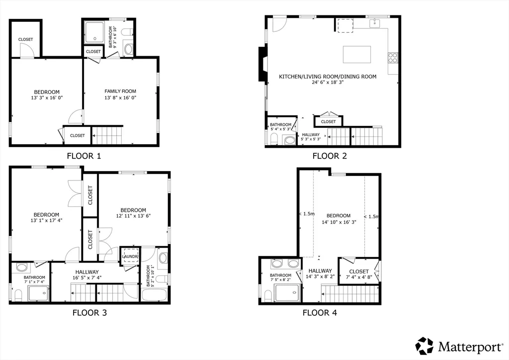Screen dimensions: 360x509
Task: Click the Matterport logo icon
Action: (424, 346)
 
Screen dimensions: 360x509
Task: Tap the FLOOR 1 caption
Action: (84, 156)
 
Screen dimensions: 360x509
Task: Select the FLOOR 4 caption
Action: (323, 313)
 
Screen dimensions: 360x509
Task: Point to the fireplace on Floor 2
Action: (261, 64)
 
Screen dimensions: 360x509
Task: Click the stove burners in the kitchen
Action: (393, 58)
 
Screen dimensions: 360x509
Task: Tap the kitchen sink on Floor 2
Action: (374, 23)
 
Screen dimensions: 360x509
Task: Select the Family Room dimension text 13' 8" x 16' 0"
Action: (120, 98)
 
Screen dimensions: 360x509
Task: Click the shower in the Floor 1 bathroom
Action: (93, 32)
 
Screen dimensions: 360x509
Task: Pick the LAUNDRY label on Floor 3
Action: (130, 257)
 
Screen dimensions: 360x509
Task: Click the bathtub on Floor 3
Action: (156, 293)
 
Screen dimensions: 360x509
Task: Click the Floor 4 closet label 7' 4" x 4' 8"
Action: (359, 278)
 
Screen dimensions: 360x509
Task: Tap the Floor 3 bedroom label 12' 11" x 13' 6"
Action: (133, 216)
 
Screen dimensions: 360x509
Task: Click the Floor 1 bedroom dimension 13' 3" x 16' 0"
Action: (47, 98)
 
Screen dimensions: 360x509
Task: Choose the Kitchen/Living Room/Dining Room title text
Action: (327, 77)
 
